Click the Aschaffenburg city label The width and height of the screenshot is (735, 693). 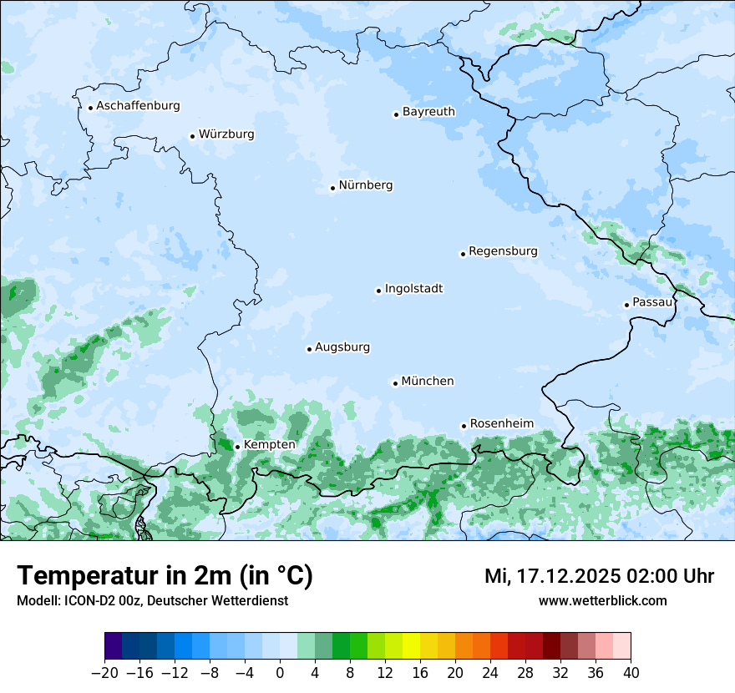click(x=138, y=106)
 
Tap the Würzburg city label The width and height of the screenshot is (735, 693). click(x=226, y=134)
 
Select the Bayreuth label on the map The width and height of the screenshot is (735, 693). click(x=428, y=112)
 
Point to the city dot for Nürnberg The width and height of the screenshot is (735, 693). click(x=332, y=188)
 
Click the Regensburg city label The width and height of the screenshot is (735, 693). click(x=503, y=251)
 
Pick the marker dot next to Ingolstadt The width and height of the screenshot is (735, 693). click(x=378, y=291)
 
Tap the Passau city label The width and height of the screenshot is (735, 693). click(x=652, y=302)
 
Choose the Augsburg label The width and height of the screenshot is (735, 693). click(x=342, y=347)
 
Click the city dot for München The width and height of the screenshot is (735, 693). click(x=395, y=383)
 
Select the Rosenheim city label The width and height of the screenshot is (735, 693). click(x=502, y=424)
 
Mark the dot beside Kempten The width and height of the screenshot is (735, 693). click(x=237, y=447)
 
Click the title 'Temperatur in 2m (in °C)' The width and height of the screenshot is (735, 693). click(x=165, y=576)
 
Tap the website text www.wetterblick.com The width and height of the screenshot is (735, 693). click(x=602, y=601)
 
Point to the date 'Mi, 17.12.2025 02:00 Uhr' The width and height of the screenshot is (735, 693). click(x=599, y=576)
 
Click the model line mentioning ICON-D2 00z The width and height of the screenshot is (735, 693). click(x=152, y=601)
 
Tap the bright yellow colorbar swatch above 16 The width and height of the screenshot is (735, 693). click(x=411, y=646)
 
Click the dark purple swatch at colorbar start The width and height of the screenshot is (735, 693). click(x=113, y=646)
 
